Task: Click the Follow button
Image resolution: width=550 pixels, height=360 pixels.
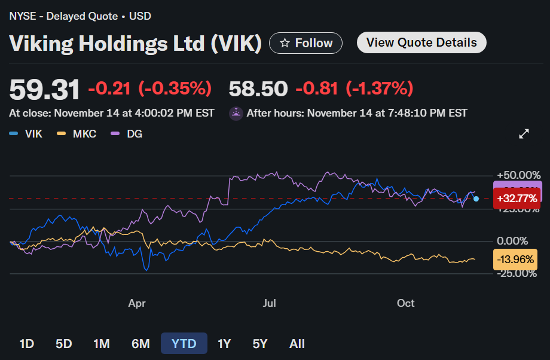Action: (305, 43)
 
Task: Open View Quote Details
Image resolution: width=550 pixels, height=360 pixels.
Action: (421, 42)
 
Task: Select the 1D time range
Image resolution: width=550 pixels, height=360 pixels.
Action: (26, 344)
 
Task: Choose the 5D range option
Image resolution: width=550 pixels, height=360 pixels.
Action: (63, 344)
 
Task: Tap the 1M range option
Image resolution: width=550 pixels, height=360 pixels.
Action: (102, 344)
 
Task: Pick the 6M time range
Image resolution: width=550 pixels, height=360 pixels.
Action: (140, 344)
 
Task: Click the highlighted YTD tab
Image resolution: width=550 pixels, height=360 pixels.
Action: (184, 344)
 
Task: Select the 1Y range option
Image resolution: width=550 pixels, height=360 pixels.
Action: (224, 344)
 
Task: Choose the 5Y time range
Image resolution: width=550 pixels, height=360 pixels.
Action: (260, 344)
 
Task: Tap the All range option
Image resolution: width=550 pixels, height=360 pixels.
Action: (297, 344)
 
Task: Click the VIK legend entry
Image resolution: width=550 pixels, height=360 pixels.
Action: (26, 134)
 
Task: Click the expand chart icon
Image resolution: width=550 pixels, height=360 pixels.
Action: (524, 134)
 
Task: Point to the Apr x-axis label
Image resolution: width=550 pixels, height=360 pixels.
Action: (137, 304)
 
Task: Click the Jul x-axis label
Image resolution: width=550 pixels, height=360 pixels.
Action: (269, 304)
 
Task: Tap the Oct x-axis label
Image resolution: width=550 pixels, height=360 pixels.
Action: (406, 304)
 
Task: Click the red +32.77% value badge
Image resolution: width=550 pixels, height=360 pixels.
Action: (517, 198)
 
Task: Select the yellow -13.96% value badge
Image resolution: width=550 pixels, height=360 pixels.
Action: (515, 260)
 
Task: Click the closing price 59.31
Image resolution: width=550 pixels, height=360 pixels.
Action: (44, 90)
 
